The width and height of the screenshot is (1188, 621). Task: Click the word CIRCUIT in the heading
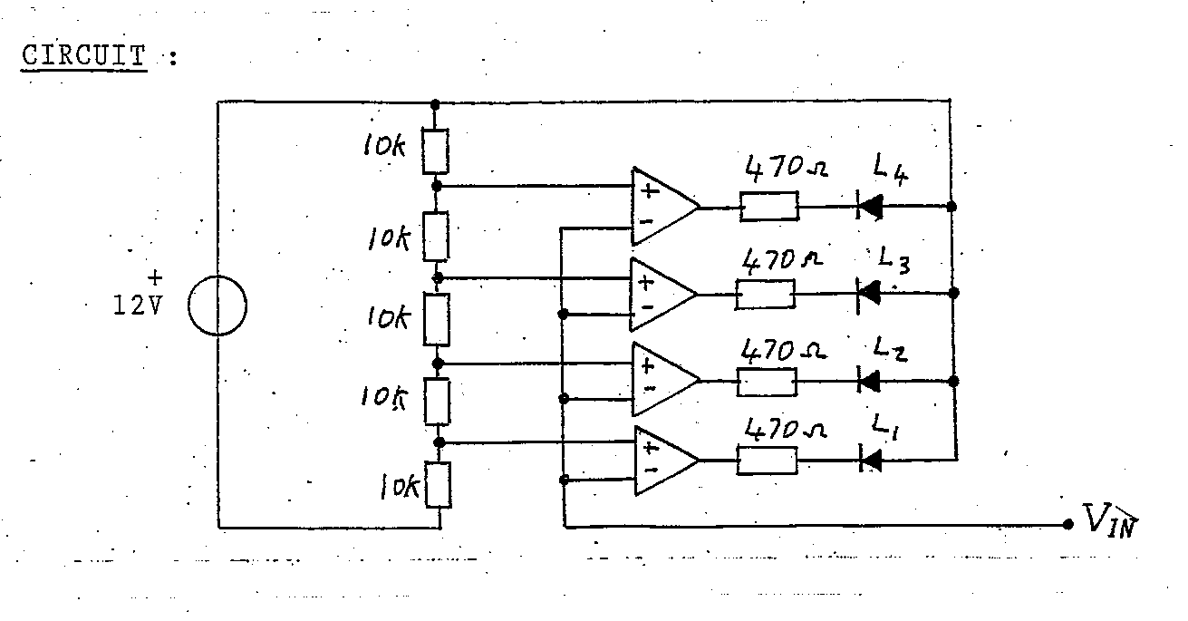[x=83, y=56]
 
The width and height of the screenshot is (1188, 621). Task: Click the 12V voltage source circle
[x=217, y=306]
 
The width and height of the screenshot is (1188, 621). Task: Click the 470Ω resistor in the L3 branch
[x=767, y=294]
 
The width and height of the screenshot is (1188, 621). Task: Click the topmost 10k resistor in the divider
[x=436, y=151]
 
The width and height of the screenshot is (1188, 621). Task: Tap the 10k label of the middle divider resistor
[x=387, y=317]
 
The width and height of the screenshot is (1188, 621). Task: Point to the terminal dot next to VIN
[x=1067, y=525]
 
